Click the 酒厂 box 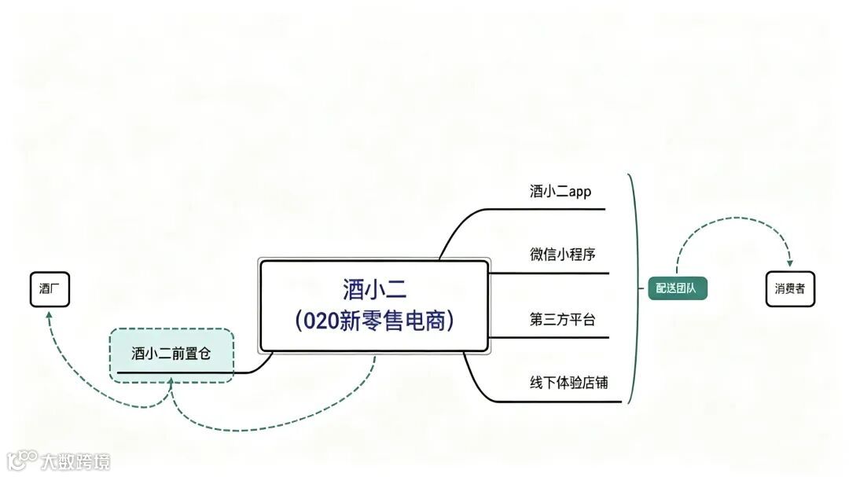pos(50,289)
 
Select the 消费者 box pos(790,289)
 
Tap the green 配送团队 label pos(677,288)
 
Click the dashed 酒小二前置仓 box pos(171,354)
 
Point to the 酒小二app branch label pos(560,192)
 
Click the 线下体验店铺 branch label pos(568,383)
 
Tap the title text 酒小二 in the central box pos(374,289)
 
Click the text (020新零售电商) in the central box pos(374,321)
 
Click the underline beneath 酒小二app pos(550,209)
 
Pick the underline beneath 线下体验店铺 pos(566,402)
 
